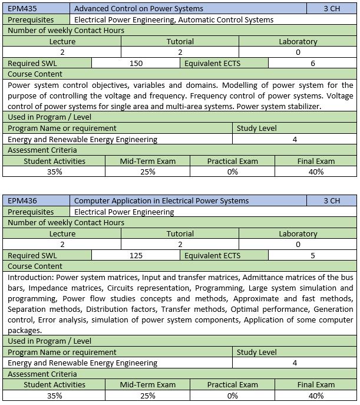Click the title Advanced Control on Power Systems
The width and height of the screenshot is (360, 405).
138,9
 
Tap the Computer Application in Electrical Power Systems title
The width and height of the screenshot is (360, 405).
161,201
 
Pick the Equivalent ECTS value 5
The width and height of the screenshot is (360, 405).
312,256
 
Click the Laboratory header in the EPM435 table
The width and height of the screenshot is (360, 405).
298,42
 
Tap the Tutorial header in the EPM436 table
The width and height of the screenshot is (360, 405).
180,234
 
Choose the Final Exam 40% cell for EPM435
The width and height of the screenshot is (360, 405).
316,172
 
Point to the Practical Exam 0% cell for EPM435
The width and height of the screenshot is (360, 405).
232,172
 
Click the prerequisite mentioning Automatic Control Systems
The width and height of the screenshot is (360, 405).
174,20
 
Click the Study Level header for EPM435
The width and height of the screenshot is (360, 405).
256,129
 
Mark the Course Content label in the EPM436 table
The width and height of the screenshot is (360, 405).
35,266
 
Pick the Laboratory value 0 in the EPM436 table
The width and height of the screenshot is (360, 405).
298,245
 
